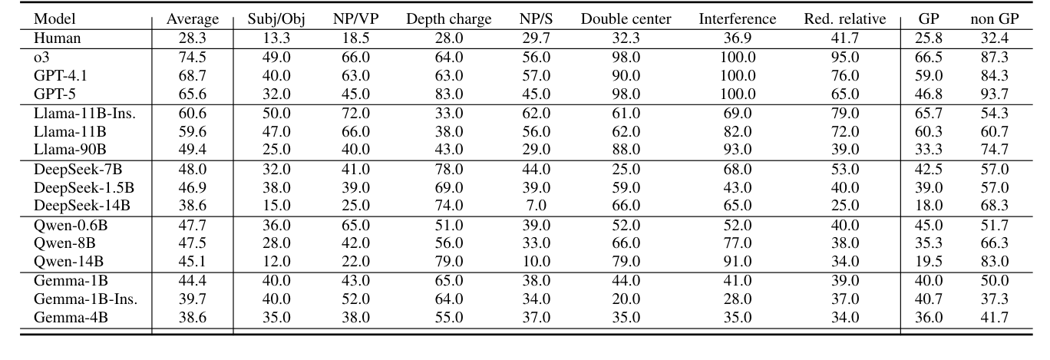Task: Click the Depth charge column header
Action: [x=449, y=19]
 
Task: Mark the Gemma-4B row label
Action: [x=68, y=318]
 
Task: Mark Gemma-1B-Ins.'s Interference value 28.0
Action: [x=725, y=299]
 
